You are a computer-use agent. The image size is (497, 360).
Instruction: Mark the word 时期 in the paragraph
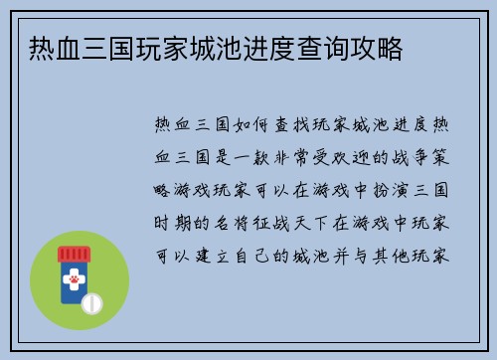(x=166, y=221)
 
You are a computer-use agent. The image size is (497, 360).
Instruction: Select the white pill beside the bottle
(x=93, y=300)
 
